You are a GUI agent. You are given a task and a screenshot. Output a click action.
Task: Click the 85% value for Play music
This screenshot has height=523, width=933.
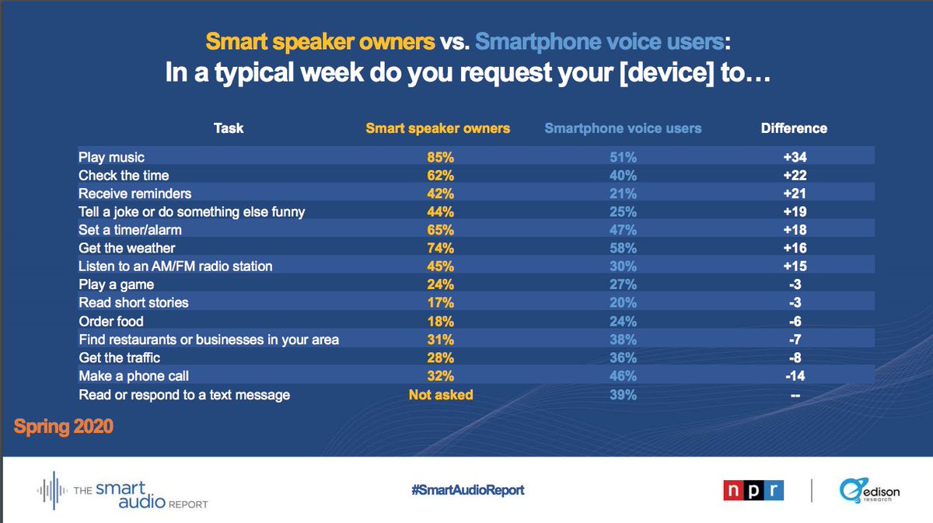click(x=440, y=158)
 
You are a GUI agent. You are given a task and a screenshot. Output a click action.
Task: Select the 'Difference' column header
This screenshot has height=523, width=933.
click(x=794, y=128)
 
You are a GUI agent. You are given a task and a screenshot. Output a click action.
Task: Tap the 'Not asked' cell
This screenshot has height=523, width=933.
click(x=441, y=395)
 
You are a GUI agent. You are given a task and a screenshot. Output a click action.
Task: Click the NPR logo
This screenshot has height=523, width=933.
click(x=753, y=490)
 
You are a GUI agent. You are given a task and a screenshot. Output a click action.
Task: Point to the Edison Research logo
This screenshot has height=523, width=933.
click(x=869, y=490)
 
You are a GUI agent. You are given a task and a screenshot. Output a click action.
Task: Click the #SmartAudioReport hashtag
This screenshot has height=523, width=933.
click(x=468, y=490)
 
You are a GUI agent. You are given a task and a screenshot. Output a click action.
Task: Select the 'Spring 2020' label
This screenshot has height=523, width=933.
click(x=63, y=427)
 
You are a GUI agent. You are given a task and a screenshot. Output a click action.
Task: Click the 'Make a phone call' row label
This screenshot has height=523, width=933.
click(x=134, y=376)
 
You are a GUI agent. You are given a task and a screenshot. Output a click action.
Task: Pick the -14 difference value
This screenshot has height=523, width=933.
click(x=795, y=376)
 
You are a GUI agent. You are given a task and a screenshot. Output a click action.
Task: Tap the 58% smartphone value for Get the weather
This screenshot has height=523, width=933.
click(x=623, y=248)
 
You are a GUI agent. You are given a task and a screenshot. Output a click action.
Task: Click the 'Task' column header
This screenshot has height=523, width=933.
click(x=229, y=128)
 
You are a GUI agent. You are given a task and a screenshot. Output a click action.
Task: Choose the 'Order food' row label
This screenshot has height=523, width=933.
click(x=111, y=322)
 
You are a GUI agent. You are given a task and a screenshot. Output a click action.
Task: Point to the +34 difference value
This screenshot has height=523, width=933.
click(x=795, y=157)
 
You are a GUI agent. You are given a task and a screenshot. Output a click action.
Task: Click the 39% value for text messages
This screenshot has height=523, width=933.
click(x=623, y=395)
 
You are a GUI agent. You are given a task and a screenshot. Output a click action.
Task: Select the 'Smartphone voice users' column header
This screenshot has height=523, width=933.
click(x=623, y=128)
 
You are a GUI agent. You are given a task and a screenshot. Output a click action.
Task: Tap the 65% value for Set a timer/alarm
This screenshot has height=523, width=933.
click(x=440, y=230)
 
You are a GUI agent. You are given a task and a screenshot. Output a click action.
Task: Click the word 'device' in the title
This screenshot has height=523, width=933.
click(x=667, y=72)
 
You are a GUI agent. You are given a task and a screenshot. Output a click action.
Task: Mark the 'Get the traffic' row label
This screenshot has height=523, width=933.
click(x=120, y=357)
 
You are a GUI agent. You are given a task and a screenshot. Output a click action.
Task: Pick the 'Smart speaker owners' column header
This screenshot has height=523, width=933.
click(x=438, y=128)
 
